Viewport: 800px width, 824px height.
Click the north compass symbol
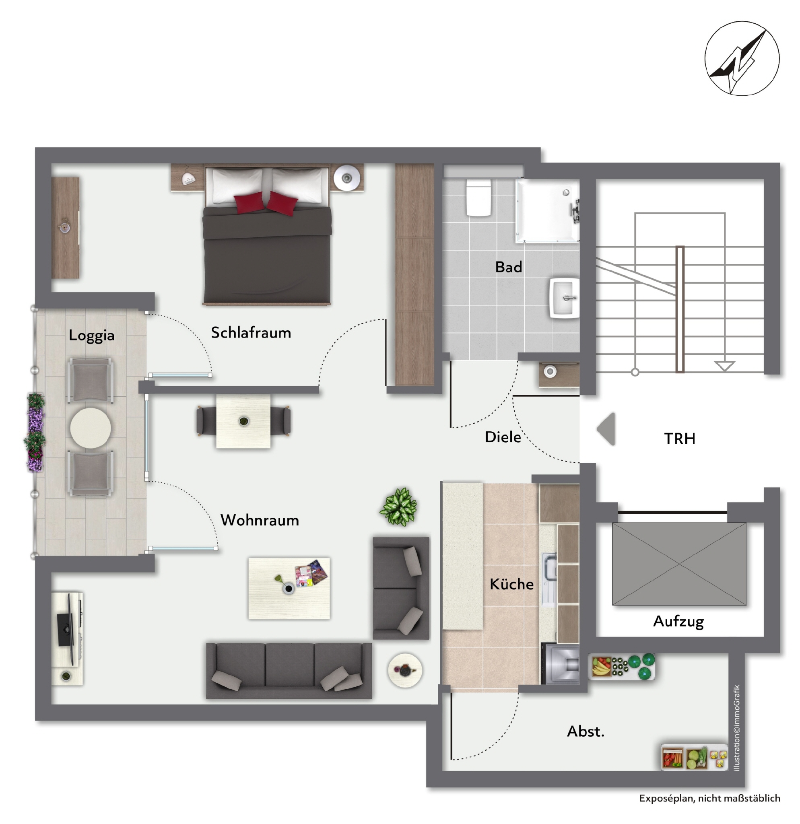point(742,58)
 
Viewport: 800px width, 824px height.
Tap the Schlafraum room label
point(251,333)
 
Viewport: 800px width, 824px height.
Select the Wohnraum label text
point(260,520)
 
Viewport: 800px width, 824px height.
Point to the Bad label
point(509,267)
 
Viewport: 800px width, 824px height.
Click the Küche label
point(511,583)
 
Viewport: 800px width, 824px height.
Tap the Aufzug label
point(678,621)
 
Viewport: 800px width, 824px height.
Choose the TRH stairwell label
point(679,439)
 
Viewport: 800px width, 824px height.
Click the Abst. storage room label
point(586,731)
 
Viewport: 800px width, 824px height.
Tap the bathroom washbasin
point(565,298)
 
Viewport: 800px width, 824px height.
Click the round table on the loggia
point(91,428)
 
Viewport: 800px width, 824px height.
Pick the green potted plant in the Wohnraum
point(398,507)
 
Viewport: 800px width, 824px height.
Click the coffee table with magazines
point(289,588)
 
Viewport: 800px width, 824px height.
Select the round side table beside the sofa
point(405,670)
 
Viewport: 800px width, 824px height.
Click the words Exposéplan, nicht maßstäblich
point(709,798)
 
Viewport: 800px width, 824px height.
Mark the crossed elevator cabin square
point(679,564)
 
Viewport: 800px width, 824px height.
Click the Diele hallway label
point(503,437)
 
